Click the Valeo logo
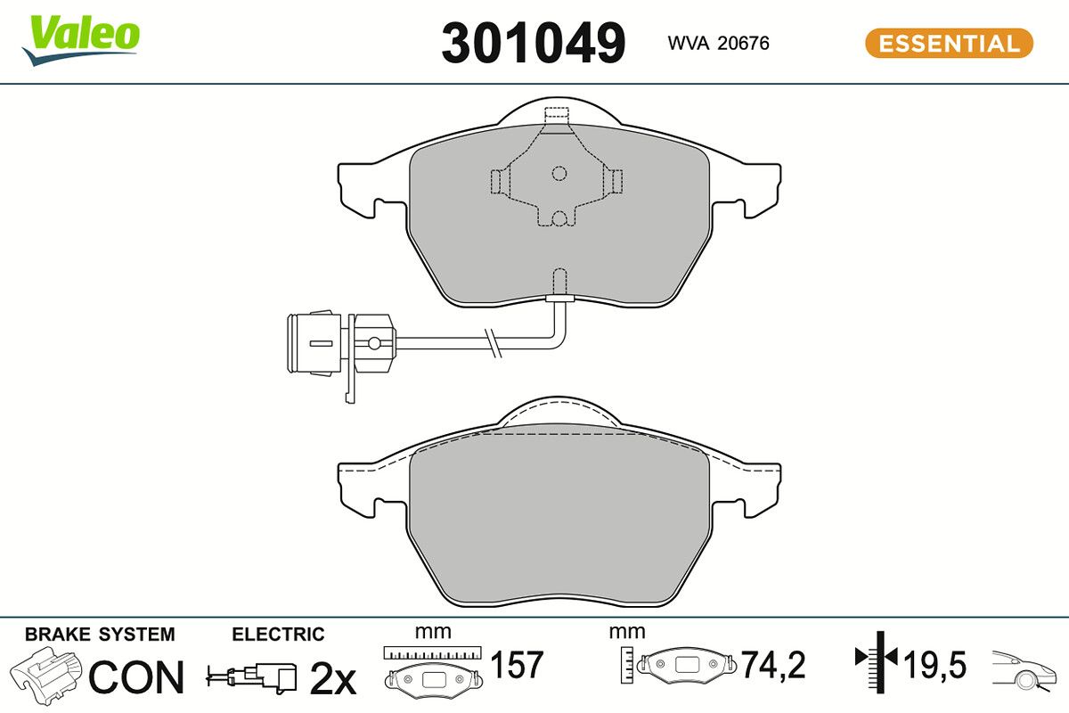[81, 41]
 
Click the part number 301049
[533, 43]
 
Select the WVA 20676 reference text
[718, 43]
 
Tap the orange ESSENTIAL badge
[950, 44]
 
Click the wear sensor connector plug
[340, 343]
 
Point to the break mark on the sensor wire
[493, 343]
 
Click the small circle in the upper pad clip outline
[559, 173]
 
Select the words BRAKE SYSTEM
[100, 635]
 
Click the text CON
[136, 676]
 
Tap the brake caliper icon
[45, 676]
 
